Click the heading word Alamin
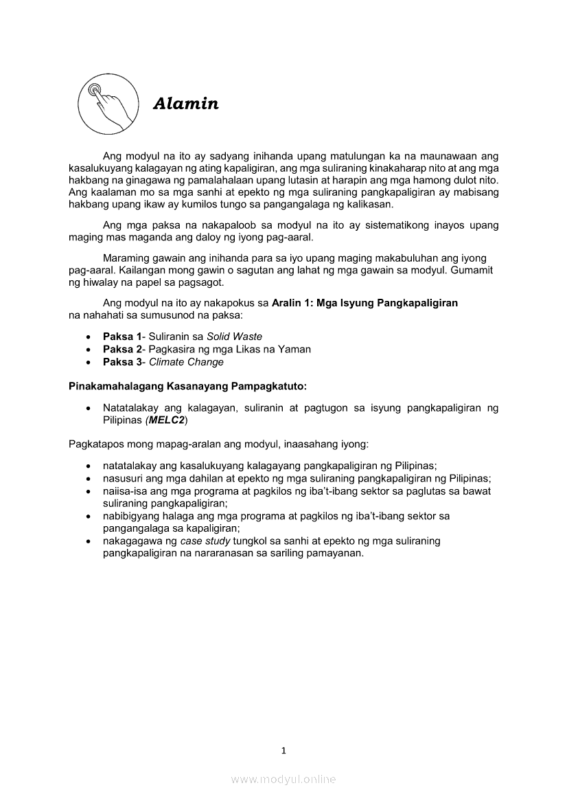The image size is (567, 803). coord(186,104)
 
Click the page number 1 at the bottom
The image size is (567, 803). coord(283,750)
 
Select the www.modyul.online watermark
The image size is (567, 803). coord(283,779)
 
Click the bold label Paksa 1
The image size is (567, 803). coord(121,337)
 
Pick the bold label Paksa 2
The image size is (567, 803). coord(121,349)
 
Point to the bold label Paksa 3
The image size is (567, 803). coord(121,362)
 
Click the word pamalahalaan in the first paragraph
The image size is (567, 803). coord(223,179)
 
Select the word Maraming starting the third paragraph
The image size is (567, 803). coord(126,258)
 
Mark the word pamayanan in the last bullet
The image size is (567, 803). coord(336,553)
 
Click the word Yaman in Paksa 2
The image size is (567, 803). coord(295,349)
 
